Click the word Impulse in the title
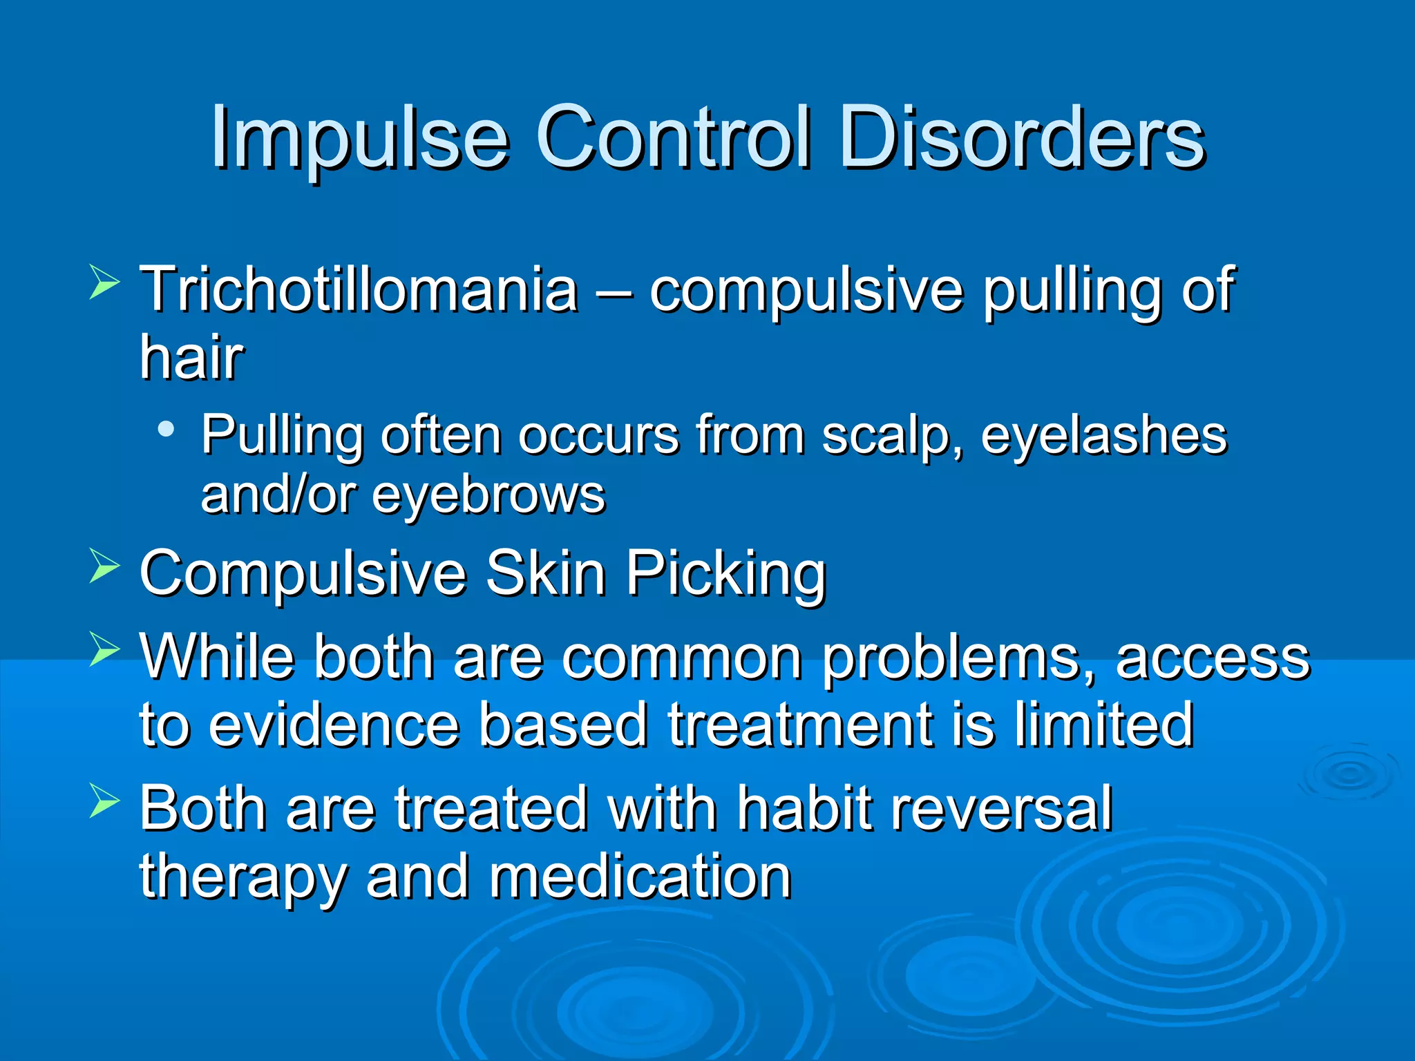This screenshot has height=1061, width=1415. point(359,138)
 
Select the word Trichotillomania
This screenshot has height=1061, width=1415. point(359,289)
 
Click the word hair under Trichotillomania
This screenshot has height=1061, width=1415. point(191,357)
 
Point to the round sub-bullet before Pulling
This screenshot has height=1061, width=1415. point(165,430)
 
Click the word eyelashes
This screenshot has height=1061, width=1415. point(1103,437)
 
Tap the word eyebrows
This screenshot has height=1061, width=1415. point(488,495)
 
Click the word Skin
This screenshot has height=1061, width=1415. point(545,573)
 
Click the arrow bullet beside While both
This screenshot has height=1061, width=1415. point(104,650)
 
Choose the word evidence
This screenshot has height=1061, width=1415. point(334,725)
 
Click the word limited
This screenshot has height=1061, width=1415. point(1103,725)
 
